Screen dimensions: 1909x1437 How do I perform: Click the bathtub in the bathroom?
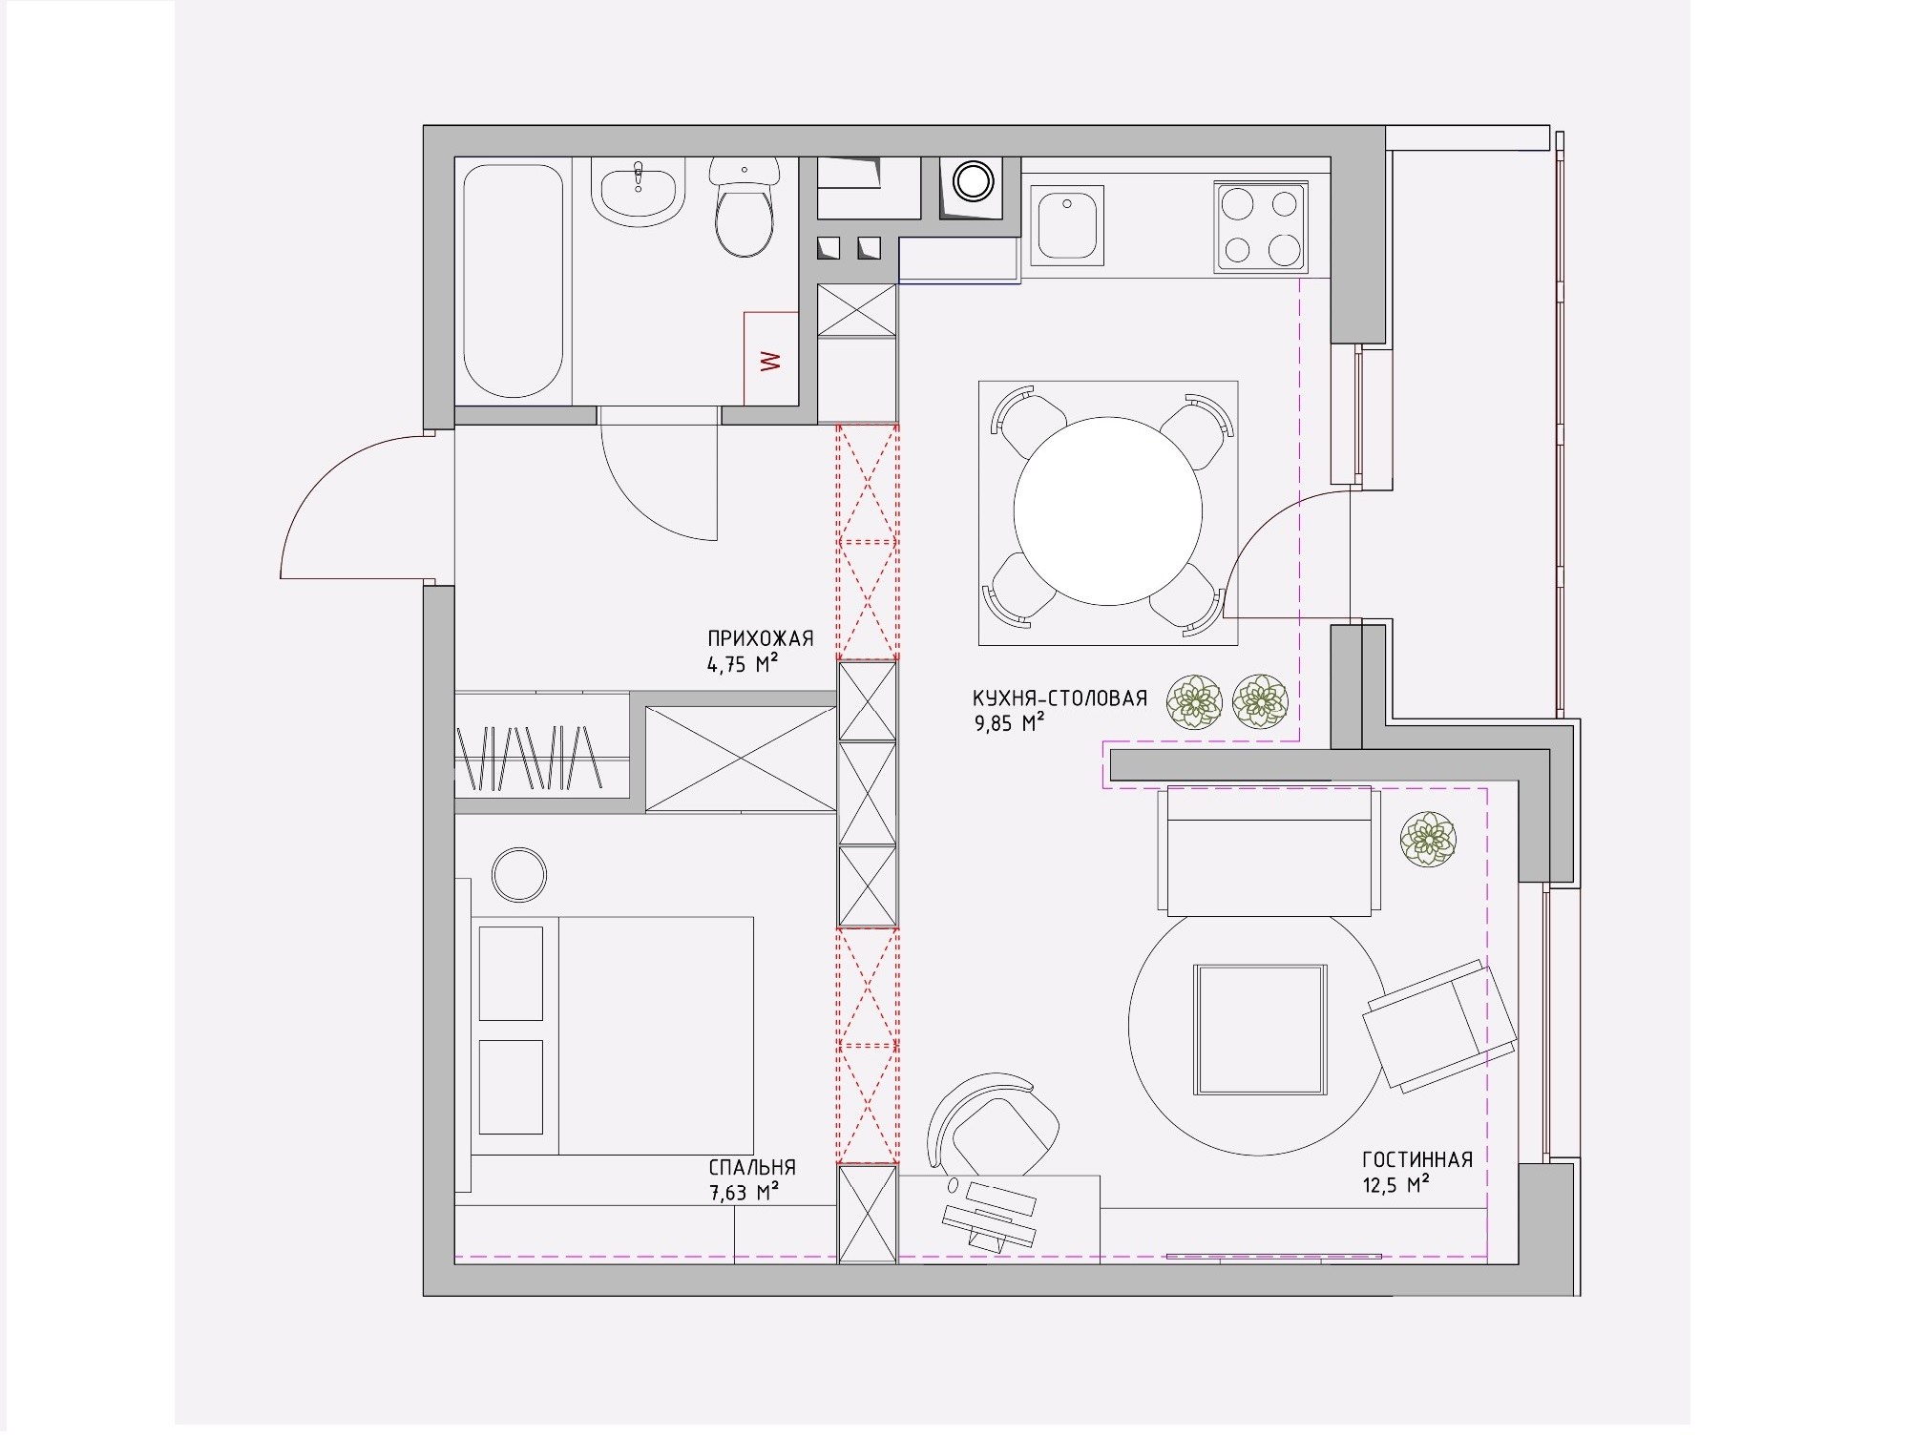pyautogui.click(x=513, y=281)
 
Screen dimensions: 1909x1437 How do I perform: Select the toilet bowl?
pyautogui.click(x=745, y=207)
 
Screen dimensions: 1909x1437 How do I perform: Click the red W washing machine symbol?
pyautogui.click(x=770, y=360)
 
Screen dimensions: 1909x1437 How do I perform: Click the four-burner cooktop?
pyautogui.click(x=1260, y=225)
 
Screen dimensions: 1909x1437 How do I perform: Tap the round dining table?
pyautogui.click(x=1107, y=510)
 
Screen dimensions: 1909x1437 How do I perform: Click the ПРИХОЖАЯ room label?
pyautogui.click(x=761, y=638)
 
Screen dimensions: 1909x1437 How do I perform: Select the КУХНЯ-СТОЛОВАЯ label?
pyautogui.click(x=1059, y=698)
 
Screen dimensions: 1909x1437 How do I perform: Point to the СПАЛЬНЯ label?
pyautogui.click(x=752, y=1167)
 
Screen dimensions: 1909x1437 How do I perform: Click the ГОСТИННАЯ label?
pyautogui.click(x=1417, y=1159)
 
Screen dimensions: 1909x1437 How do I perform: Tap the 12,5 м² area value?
pyautogui.click(x=1395, y=1185)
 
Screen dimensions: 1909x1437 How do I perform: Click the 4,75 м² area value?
pyautogui.click(x=743, y=664)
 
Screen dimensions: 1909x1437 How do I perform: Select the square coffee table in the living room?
pyautogui.click(x=1260, y=1030)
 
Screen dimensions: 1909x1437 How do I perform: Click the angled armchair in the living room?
pyautogui.click(x=1440, y=1025)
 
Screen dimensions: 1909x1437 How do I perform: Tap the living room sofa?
pyautogui.click(x=1269, y=850)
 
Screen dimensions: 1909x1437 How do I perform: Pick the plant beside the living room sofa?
pyautogui.click(x=1428, y=839)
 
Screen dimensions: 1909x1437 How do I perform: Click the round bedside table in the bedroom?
pyautogui.click(x=518, y=874)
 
